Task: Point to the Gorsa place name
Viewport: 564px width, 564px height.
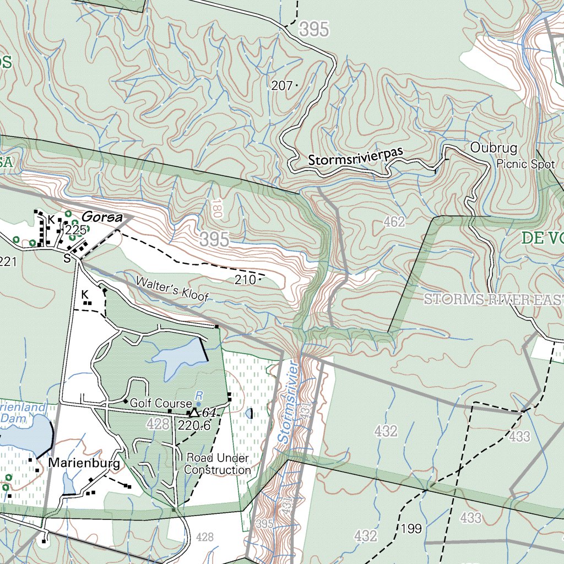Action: pyautogui.click(x=102, y=217)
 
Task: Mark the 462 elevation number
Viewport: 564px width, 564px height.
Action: pyautogui.click(x=394, y=222)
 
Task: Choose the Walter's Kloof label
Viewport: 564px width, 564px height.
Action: pyautogui.click(x=172, y=289)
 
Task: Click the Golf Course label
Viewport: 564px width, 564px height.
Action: pyautogui.click(x=160, y=403)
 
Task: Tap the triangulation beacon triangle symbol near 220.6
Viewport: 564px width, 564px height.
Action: pyautogui.click(x=194, y=413)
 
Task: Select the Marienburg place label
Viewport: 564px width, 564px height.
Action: pyautogui.click(x=84, y=464)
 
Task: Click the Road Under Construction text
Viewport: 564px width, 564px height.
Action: pyautogui.click(x=217, y=464)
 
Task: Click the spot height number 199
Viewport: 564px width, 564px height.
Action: pyautogui.click(x=411, y=529)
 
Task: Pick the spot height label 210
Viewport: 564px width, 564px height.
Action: pyautogui.click(x=245, y=280)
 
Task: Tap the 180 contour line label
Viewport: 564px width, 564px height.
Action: pyautogui.click(x=216, y=208)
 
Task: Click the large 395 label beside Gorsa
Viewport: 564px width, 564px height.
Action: pyautogui.click(x=214, y=239)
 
